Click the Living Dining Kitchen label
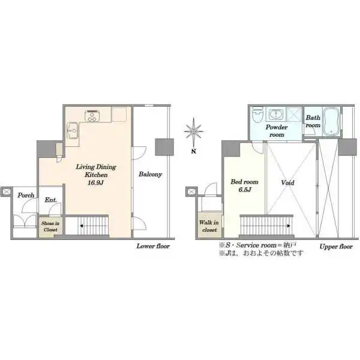click(x=96, y=175)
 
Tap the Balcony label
click(x=151, y=175)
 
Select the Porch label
click(x=26, y=195)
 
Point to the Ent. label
click(x=51, y=200)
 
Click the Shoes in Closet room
click(x=50, y=227)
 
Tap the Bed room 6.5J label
click(x=245, y=186)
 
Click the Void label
click(x=287, y=183)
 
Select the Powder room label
click(x=277, y=131)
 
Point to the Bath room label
click(x=313, y=121)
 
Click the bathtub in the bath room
click(x=331, y=122)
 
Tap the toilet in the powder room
click(x=257, y=115)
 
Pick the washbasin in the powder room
click(x=276, y=114)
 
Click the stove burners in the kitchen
click(x=92, y=116)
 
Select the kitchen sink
click(x=72, y=131)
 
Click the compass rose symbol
click(x=194, y=131)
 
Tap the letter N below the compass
click(x=194, y=151)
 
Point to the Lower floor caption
click(x=153, y=247)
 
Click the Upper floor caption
click(x=336, y=247)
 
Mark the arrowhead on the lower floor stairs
click(x=81, y=226)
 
